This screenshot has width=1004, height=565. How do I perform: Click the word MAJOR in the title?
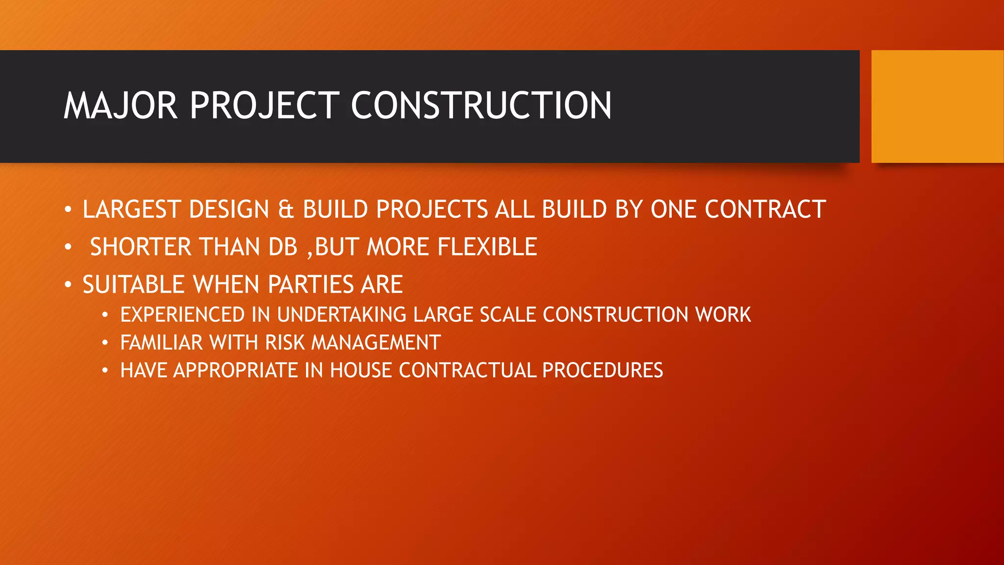(x=120, y=105)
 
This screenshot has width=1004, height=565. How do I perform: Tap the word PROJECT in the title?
(x=264, y=105)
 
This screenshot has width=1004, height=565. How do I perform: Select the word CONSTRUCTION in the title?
(x=481, y=105)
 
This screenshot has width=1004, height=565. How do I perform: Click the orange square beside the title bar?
(x=937, y=106)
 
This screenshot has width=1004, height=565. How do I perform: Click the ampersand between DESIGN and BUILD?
(x=286, y=209)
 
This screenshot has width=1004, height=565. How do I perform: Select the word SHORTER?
(x=140, y=247)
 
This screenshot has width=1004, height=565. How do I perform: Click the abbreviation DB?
(x=283, y=247)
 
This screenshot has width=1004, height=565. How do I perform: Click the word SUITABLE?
(x=133, y=284)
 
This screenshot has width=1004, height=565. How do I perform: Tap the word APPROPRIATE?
(x=235, y=370)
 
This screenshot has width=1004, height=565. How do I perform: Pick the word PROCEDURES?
(x=602, y=370)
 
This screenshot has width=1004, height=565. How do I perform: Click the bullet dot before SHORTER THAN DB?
(x=68, y=247)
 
